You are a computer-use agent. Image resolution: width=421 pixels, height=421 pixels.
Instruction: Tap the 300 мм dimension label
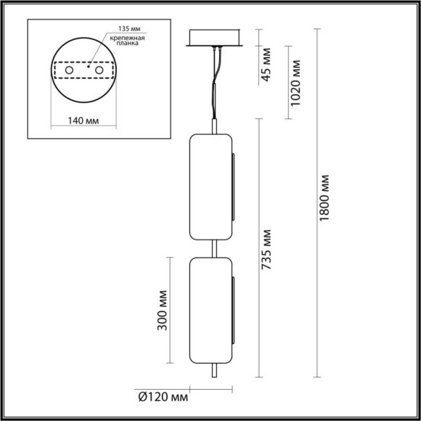point(162,311)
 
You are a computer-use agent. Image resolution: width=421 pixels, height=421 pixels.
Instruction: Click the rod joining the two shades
point(214,248)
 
